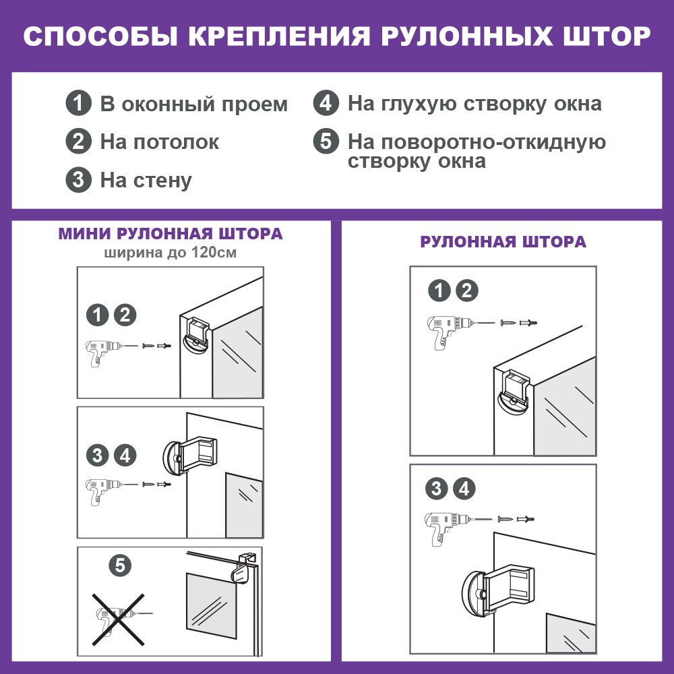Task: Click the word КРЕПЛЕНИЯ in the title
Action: coord(279,36)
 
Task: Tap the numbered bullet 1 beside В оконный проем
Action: coord(79,103)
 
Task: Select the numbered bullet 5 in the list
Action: coord(326,141)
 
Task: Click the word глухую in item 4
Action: coord(419,104)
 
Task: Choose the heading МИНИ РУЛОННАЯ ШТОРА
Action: coord(171,234)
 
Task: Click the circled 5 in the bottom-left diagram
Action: coord(120,565)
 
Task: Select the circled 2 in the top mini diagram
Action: coord(125,315)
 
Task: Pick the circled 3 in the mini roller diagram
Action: coord(97,455)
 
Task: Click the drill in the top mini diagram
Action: coord(103,353)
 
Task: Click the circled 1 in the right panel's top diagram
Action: coord(439,290)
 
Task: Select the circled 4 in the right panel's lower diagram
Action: coord(464,488)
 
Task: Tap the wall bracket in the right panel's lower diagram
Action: coord(499,590)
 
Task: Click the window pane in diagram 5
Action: coord(211,605)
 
